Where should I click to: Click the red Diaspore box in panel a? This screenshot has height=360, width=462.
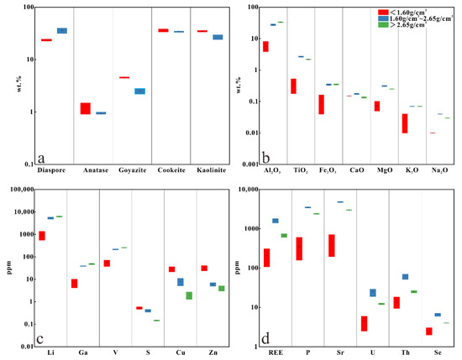click(x=46, y=39)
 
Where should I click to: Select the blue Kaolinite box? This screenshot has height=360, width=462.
click(x=218, y=37)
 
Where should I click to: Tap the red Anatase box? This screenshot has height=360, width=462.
click(x=85, y=108)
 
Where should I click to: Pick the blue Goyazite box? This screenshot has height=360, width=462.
click(x=139, y=91)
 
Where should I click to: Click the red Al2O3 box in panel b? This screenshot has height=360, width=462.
click(x=265, y=46)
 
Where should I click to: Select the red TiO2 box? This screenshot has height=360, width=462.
click(x=293, y=86)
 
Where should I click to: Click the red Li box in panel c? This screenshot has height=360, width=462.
click(x=42, y=235)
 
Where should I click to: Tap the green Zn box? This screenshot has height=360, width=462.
click(x=221, y=288)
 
